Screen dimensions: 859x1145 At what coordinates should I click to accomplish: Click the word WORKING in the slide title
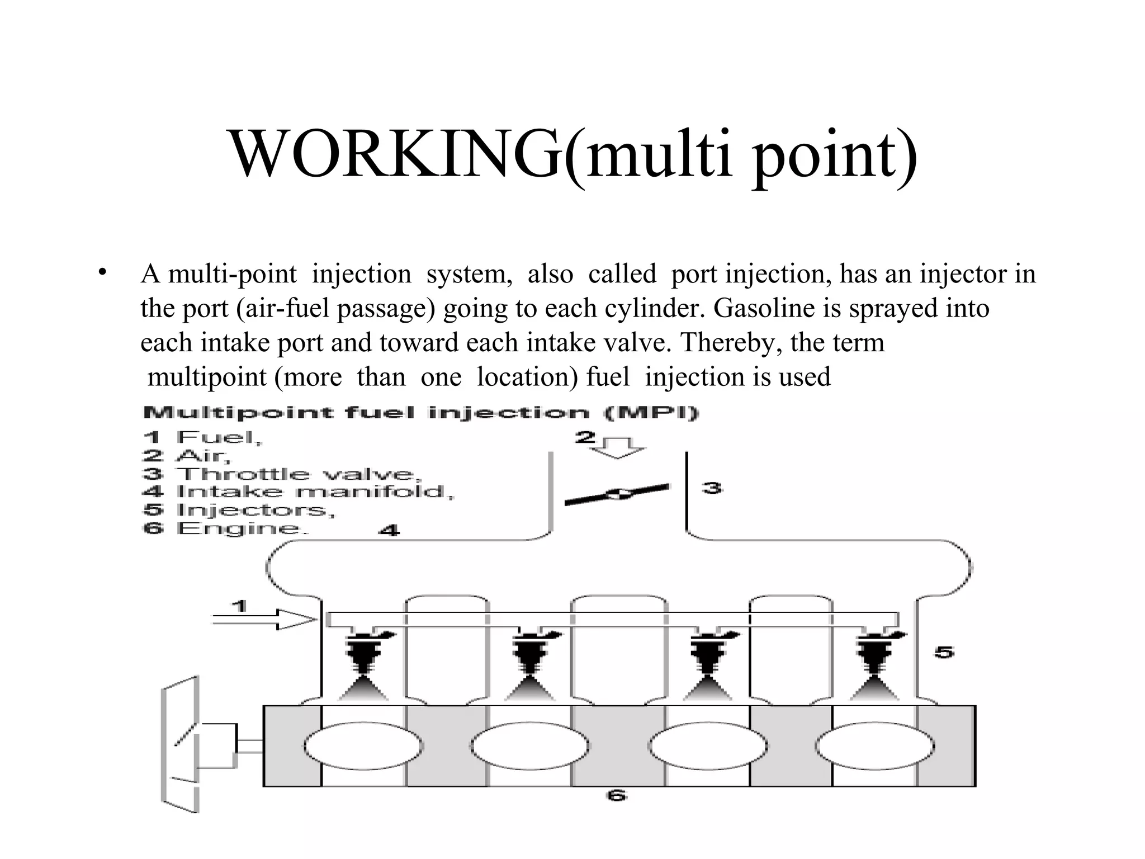[x=395, y=154]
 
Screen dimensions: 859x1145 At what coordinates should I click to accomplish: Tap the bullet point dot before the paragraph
[x=102, y=273]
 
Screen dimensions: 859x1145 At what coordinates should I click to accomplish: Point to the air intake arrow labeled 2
[x=618, y=447]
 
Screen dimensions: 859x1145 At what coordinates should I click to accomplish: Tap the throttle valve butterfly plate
[x=617, y=494]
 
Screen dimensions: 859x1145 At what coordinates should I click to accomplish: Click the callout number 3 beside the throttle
[x=712, y=488]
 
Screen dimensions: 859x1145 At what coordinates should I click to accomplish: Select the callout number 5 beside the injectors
[x=944, y=652]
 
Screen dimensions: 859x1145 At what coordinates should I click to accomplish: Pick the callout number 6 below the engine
[x=616, y=795]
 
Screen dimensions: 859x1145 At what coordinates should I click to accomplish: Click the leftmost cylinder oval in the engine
[x=364, y=746]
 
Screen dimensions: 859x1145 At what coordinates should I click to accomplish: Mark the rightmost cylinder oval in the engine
[x=875, y=746]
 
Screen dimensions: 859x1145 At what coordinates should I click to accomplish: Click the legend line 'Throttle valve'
[x=282, y=474]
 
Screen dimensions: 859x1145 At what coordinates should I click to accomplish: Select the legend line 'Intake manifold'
[x=299, y=492]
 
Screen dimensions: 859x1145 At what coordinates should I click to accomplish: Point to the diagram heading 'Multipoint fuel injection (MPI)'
[x=420, y=413]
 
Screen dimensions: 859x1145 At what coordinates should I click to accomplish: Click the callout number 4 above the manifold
[x=389, y=530]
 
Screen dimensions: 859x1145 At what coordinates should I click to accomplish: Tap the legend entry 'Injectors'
[x=239, y=510]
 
